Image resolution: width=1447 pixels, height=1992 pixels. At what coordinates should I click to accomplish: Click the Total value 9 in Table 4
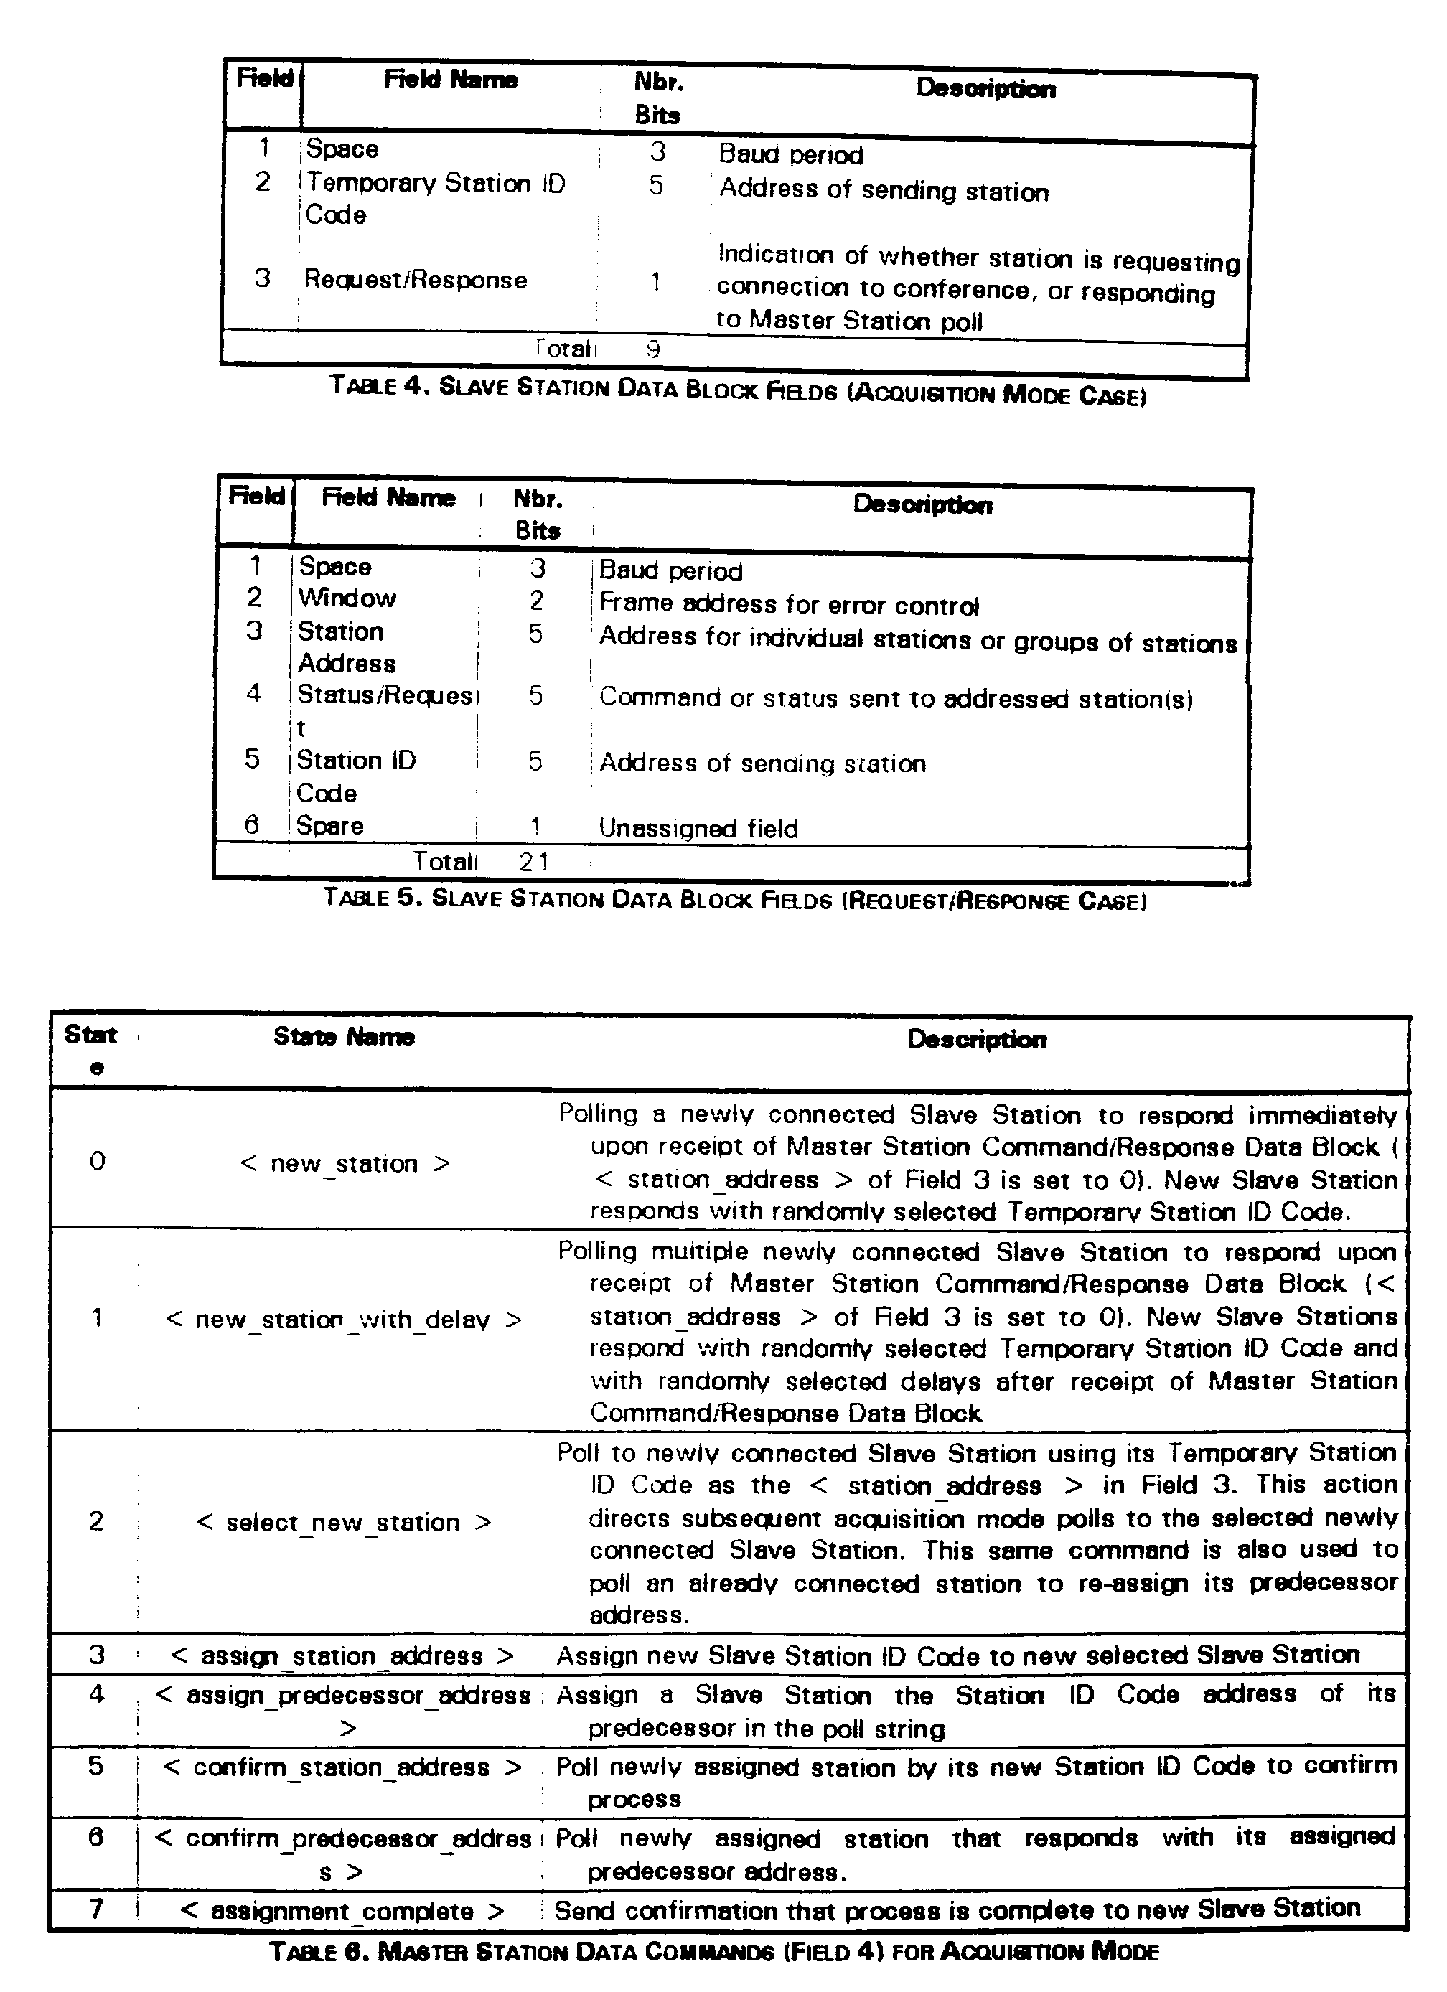point(652,349)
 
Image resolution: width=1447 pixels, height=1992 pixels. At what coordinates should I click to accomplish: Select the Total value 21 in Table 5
point(534,862)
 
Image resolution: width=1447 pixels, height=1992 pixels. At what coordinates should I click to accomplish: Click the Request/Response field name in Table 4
point(416,280)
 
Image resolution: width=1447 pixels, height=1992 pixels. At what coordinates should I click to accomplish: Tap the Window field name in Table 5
point(347,598)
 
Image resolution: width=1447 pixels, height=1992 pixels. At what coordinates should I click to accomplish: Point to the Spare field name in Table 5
point(330,826)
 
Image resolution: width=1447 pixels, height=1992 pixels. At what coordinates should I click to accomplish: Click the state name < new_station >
point(345,1164)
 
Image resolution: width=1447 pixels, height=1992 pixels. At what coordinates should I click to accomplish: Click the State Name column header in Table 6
point(344,1038)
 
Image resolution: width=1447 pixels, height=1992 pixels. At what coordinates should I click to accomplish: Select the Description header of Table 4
point(985,89)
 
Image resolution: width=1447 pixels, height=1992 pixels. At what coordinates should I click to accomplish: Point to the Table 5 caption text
point(734,899)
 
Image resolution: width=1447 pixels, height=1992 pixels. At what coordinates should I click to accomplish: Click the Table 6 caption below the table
point(714,1953)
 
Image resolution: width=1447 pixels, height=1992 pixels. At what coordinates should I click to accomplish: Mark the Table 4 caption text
point(738,389)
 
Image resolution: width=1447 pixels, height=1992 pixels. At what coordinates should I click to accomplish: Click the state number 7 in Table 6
point(97,1909)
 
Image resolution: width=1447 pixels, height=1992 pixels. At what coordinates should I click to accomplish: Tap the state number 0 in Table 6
point(97,1162)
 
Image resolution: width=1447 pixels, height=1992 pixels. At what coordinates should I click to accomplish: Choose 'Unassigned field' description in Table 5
point(698,828)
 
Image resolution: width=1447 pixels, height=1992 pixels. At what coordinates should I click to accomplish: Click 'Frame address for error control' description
point(789,604)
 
